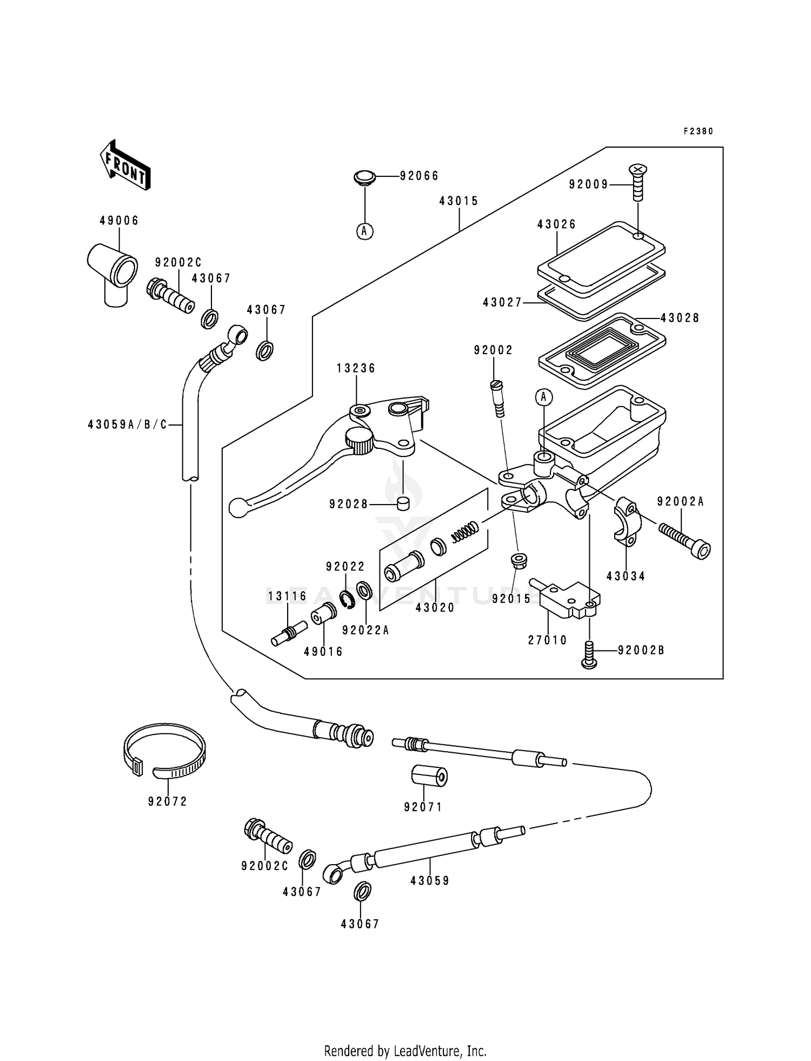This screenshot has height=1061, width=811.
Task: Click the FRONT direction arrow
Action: coord(125,164)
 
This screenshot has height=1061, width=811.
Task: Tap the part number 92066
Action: coord(419,176)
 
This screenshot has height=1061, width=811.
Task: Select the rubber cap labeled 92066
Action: coord(365,177)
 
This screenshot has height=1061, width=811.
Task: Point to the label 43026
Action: coord(556,224)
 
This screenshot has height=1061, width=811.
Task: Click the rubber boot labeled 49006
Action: coord(112,269)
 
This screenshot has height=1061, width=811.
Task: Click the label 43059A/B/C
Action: coord(128,425)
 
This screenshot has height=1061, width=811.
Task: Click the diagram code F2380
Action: coord(698,131)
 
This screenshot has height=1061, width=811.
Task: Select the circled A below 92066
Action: coord(365,231)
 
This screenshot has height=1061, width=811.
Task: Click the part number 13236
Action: coord(356,368)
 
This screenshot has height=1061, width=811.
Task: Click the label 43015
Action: coord(458,201)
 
